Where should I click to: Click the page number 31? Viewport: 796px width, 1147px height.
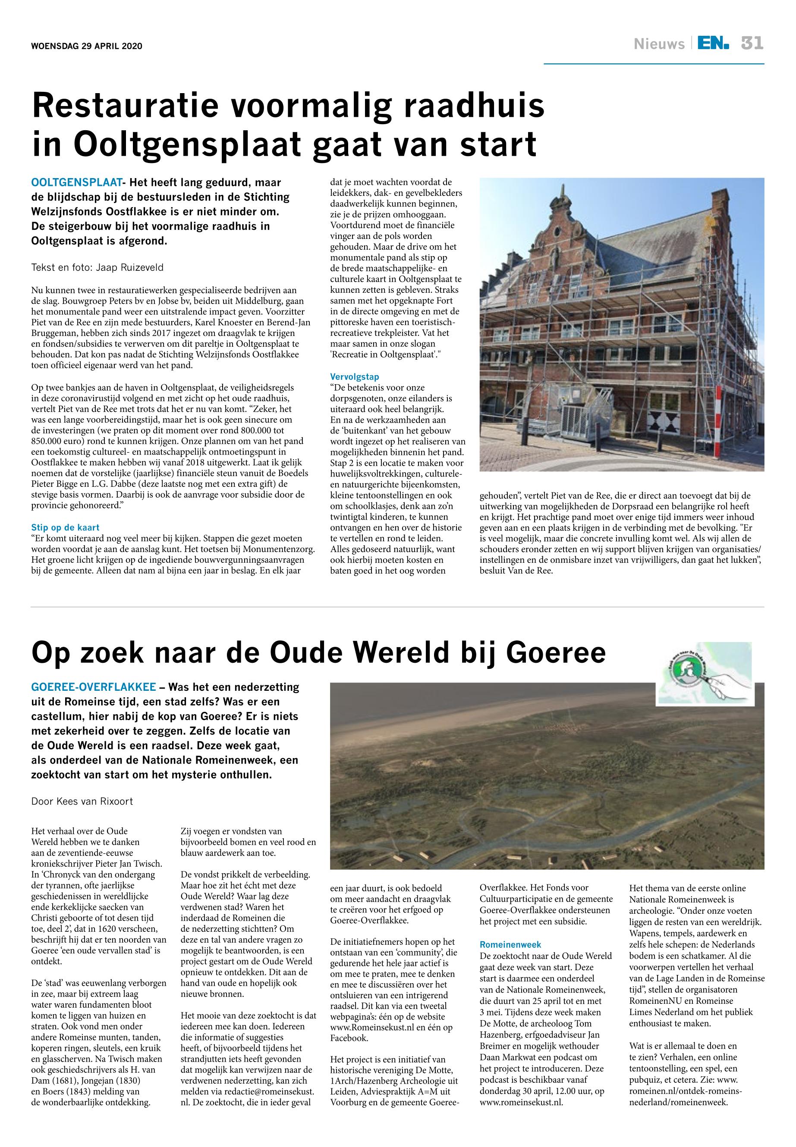click(x=752, y=44)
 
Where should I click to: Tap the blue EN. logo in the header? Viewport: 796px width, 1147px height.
click(x=713, y=44)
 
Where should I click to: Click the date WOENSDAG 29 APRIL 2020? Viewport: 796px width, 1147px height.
click(x=87, y=47)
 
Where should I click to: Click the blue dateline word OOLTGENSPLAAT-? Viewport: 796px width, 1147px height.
click(x=77, y=182)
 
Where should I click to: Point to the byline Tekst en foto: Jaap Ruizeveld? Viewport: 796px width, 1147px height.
click(x=97, y=268)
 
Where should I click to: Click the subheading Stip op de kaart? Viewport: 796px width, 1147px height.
click(x=65, y=527)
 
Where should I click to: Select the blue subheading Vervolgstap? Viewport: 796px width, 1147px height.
click(x=355, y=377)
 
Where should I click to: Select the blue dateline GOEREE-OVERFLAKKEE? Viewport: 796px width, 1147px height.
click(x=94, y=687)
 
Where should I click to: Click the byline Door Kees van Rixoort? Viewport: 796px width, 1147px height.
click(x=82, y=802)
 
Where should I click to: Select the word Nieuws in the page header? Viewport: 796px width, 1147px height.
click(x=659, y=44)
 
